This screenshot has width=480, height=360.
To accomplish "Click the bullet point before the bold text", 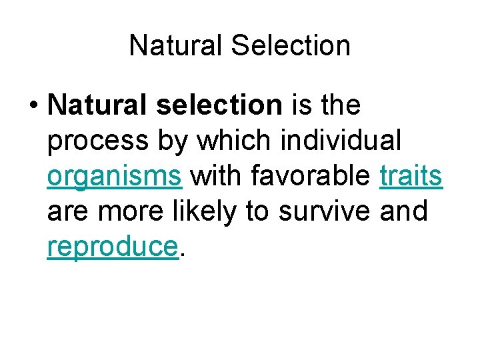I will pyautogui.click(x=33, y=105).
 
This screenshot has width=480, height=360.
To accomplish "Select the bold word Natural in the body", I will pyautogui.click(x=99, y=105).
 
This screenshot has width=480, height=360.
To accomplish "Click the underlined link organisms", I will pyautogui.click(x=115, y=176).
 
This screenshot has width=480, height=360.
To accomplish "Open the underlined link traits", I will pyautogui.click(x=411, y=176).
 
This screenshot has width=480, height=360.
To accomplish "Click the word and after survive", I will pyautogui.click(x=403, y=211).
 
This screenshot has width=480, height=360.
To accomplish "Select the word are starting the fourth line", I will pyautogui.click(x=67, y=211).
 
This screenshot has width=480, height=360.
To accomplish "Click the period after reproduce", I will pyautogui.click(x=181, y=253).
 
